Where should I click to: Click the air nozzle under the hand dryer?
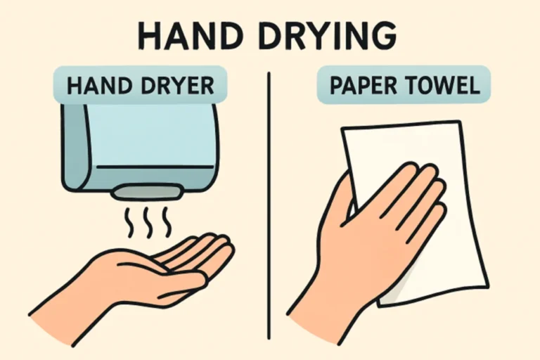click(140, 191)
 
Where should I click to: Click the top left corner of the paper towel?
click(345, 131)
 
